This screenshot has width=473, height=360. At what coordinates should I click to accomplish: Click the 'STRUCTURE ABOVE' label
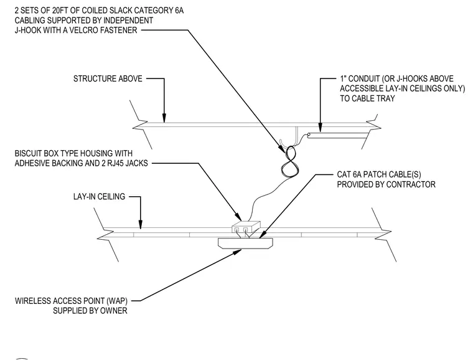pos(108,78)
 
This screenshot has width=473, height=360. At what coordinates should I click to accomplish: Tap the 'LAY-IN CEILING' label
pos(99,197)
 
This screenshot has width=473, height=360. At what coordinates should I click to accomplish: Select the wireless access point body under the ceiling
pos(245,244)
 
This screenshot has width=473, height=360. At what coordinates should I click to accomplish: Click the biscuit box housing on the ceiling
pos(246,227)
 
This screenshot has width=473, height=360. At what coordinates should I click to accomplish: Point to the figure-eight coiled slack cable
pos(289,161)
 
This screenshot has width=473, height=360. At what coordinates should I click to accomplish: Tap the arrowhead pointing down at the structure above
pos(164,118)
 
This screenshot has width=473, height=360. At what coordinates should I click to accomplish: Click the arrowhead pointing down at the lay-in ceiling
pos(140,224)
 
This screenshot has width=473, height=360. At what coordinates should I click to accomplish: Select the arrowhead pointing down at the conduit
pos(321,128)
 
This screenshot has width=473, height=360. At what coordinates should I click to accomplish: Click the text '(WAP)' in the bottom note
pos(116,301)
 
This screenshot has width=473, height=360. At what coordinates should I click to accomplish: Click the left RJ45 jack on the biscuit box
pos(236,230)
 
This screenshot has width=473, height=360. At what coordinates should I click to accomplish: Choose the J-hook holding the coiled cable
pos(282,145)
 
